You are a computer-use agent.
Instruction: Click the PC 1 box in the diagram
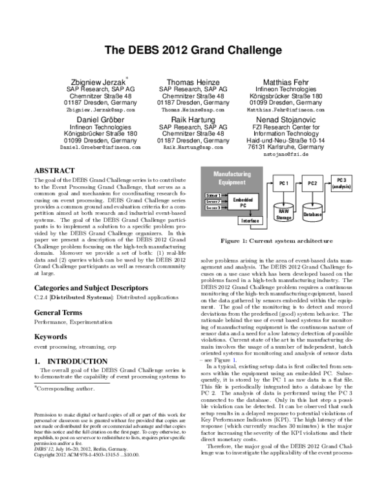[x=283, y=184]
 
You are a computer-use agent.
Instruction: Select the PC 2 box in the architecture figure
[x=312, y=184]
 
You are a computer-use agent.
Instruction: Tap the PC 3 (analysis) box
[x=341, y=182]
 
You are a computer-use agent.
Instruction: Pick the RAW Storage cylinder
[x=283, y=214]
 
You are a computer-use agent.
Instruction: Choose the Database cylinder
[x=312, y=213]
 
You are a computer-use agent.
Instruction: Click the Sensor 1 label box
[x=213, y=195]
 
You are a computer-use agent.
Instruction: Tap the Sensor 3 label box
[x=213, y=208]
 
